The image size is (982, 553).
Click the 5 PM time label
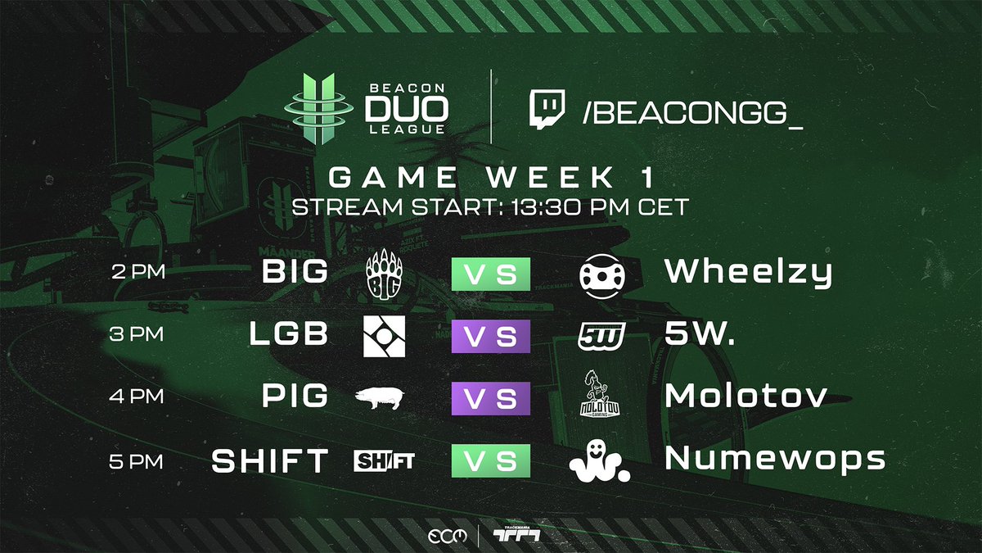click(137, 461)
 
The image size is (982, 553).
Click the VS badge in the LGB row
click(491, 336)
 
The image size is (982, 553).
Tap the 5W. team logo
click(602, 335)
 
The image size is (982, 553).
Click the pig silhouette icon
click(381, 398)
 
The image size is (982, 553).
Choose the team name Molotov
click(746, 397)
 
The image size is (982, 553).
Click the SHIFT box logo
click(384, 461)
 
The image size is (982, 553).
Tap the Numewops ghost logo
click(599, 460)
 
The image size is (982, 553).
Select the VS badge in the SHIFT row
click(491, 461)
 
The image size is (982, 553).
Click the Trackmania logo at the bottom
click(516, 535)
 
